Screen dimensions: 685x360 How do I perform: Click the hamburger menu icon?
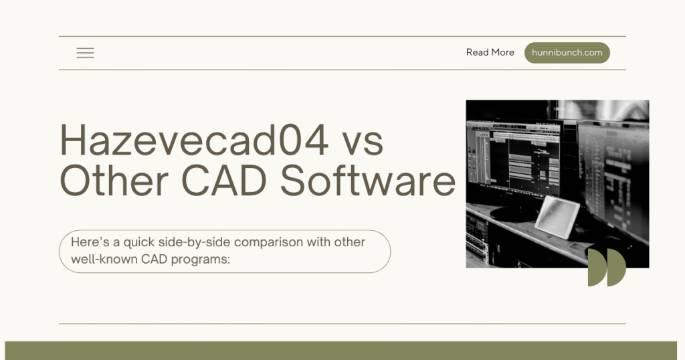coord(85,53)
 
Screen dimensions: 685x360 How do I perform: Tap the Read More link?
coord(490,52)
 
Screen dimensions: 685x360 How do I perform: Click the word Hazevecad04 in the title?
coord(194,140)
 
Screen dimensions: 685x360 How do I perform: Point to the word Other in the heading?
coord(114,180)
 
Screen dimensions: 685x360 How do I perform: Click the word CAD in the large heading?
coord(223,181)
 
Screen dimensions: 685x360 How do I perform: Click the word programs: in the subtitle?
coord(200,260)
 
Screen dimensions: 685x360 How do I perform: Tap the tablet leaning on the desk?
coord(557,217)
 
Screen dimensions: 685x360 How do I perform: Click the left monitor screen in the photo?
coord(514,158)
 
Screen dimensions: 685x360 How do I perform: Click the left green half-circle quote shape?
coord(597,268)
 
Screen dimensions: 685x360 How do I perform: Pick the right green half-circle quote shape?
coord(616,268)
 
